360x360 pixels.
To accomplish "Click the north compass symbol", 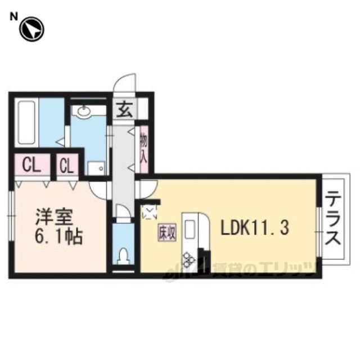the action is coord(31,29).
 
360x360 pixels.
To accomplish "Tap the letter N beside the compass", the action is coord(13,16).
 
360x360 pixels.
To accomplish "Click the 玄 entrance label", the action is coord(124,110).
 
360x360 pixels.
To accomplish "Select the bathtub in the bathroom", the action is coord(26,123).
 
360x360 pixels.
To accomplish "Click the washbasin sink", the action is coord(84,112).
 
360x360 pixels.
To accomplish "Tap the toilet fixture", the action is coord(124,256).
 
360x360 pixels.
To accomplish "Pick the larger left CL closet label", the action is coord(31,165).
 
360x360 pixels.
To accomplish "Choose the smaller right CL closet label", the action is coord(67,165).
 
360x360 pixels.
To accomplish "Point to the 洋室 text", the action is coord(54,217).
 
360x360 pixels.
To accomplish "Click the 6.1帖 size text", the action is coord(58,236).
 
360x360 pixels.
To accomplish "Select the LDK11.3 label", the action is coord(254,227).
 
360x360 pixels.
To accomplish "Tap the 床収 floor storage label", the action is coord(166,233).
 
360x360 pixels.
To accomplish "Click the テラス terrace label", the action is coord(332,218).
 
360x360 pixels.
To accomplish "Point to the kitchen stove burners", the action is coord(189,259).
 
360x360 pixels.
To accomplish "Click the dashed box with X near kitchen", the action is coord(150,212).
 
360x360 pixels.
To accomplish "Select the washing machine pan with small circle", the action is coord(96,168).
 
